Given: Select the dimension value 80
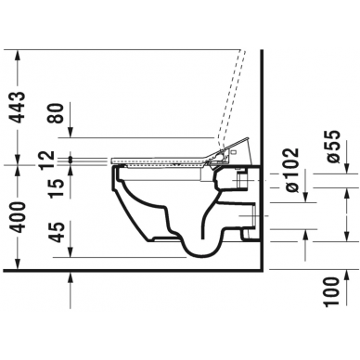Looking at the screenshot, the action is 58,113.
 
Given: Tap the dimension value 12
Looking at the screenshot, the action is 48,159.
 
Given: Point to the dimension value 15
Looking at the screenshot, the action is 58,187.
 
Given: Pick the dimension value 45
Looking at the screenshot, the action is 58,232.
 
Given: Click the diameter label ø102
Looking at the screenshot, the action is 292,170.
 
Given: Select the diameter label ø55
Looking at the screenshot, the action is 333,147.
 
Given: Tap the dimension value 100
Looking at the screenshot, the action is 331,292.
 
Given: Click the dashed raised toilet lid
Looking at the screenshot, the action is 233,99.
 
